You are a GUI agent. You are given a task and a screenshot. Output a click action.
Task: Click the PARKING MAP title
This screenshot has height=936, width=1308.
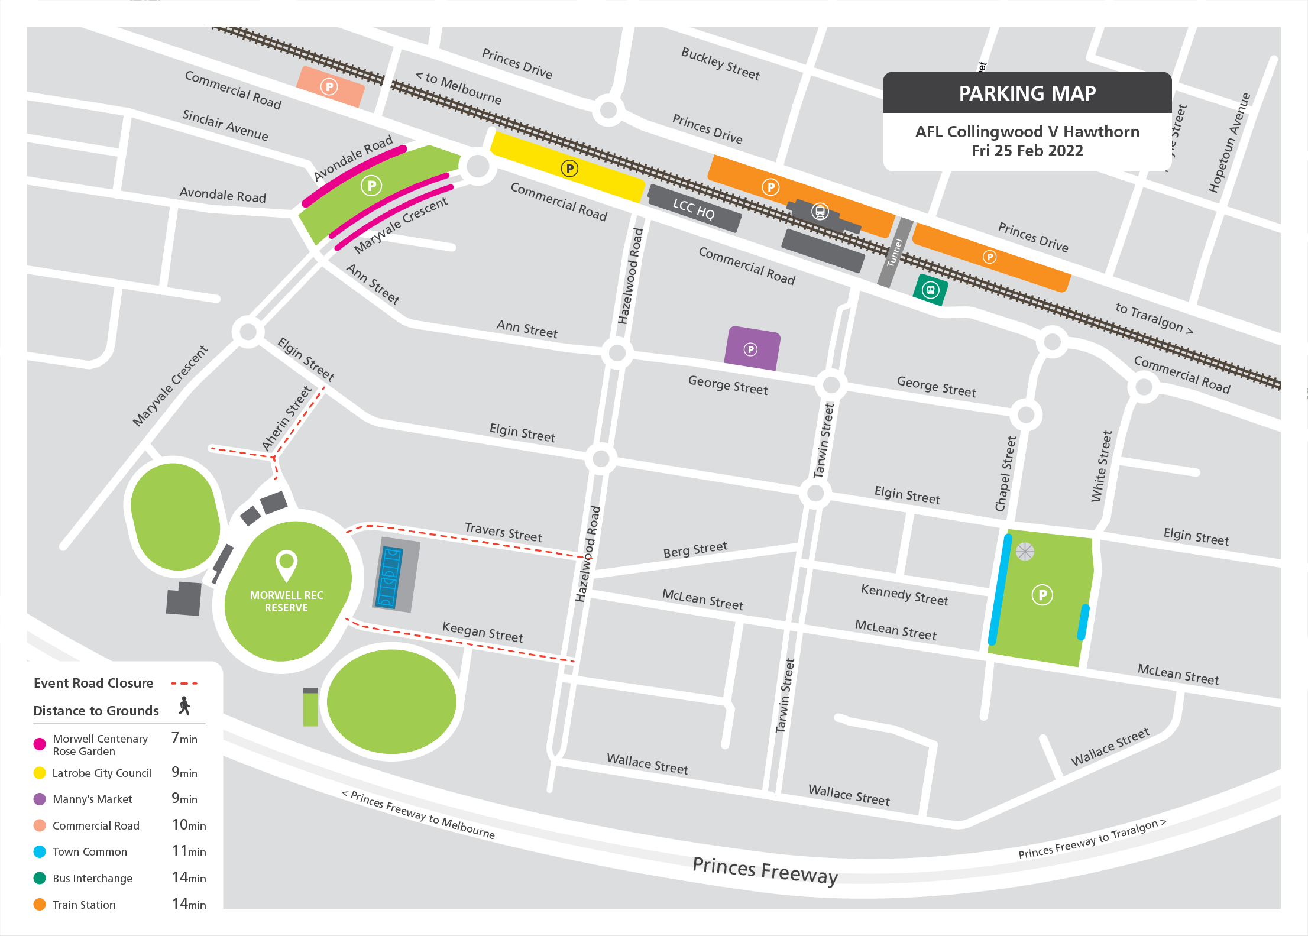pyautogui.click(x=1027, y=93)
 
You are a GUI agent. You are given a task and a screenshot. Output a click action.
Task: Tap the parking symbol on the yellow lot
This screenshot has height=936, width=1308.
pyautogui.click(x=569, y=169)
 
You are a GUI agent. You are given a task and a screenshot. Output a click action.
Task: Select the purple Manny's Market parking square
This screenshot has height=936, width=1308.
pyautogui.click(x=752, y=349)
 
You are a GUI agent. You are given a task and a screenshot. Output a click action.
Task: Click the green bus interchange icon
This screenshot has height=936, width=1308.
pyautogui.click(x=931, y=290)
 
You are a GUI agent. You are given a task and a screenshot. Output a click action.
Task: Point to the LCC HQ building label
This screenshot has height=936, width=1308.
pyautogui.click(x=694, y=209)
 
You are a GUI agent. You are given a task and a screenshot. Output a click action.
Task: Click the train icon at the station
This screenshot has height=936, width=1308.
pyautogui.click(x=820, y=211)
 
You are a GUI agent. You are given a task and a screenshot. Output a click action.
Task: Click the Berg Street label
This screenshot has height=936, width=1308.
pyautogui.click(x=695, y=549)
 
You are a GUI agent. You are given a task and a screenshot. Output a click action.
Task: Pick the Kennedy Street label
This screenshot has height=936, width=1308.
pyautogui.click(x=904, y=594)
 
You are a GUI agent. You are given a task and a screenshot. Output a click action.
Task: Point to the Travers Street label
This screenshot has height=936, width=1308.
pyautogui.click(x=503, y=532)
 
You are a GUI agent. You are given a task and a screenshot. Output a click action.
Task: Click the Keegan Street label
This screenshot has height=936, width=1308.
pyautogui.click(x=483, y=632)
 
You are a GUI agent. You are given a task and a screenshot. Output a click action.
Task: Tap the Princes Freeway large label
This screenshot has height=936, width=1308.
pyautogui.click(x=765, y=870)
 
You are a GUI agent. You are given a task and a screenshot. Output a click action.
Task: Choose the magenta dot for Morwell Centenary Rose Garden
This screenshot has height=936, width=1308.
pyautogui.click(x=40, y=744)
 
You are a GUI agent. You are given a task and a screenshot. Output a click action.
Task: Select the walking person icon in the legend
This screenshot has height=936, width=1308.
pyautogui.click(x=184, y=705)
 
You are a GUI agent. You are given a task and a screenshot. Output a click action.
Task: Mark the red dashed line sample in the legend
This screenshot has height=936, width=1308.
pyautogui.click(x=184, y=684)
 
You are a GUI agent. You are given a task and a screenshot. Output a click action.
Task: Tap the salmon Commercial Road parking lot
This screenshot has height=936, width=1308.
pyautogui.click(x=330, y=87)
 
